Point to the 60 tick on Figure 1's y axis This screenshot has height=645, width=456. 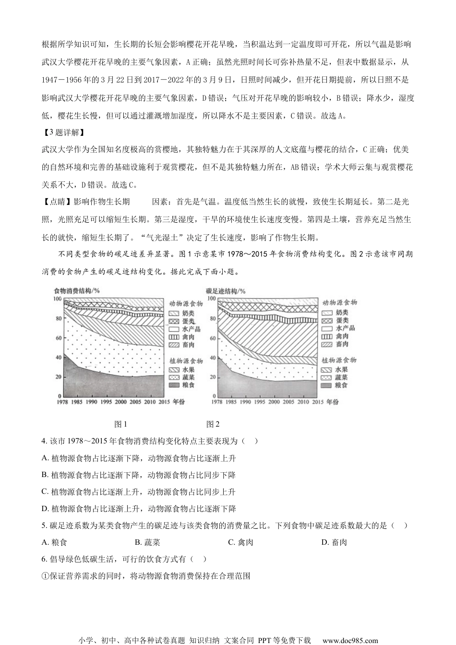pyautogui.click(x=59, y=338)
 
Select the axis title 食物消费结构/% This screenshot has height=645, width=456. pyautogui.click(x=77, y=291)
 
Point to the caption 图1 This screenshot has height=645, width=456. pyautogui.click(x=120, y=424)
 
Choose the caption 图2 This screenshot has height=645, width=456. pyautogui.click(x=213, y=424)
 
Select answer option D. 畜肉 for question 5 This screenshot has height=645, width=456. pyautogui.click(x=334, y=542)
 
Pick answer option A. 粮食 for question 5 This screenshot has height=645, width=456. pyautogui.click(x=55, y=542)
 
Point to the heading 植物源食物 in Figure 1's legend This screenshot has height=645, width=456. pyautogui.click(x=186, y=361)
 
